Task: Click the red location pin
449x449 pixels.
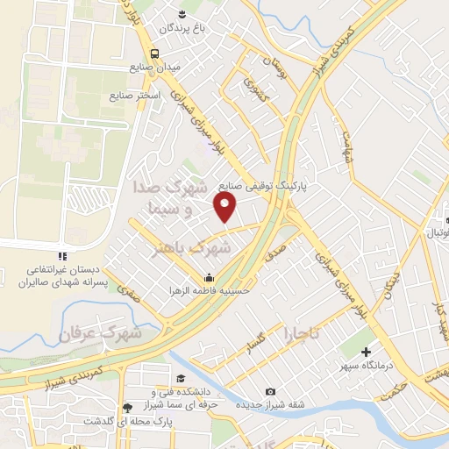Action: [226, 206]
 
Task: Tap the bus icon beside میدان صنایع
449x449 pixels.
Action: [154, 54]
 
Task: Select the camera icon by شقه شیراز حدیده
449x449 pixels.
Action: [270, 390]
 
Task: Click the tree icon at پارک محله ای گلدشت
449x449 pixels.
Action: [128, 408]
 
